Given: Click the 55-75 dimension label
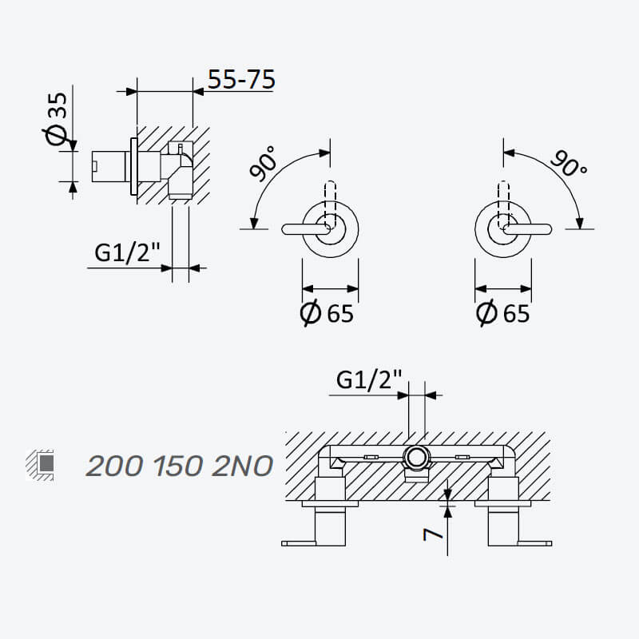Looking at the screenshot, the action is [x=241, y=79].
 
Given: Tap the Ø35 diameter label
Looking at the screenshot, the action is [x=56, y=118].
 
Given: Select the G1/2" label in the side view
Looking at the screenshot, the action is [x=127, y=252].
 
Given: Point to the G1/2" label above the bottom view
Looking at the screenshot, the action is [x=369, y=379].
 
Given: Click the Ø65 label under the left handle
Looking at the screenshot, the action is [x=327, y=312].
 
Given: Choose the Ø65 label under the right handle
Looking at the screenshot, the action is [x=503, y=312].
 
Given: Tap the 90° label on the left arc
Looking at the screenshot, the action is [x=263, y=163].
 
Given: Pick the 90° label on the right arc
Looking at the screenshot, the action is [x=569, y=163].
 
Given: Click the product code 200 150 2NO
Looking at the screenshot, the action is [x=179, y=466].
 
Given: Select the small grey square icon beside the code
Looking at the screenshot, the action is [x=47, y=462].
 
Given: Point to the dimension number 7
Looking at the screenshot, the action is [x=432, y=534].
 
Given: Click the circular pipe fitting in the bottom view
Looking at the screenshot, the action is [x=416, y=458].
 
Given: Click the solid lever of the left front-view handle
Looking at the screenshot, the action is [x=306, y=229].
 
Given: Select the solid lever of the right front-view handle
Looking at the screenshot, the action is [x=528, y=229].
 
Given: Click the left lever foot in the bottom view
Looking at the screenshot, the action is [x=298, y=543].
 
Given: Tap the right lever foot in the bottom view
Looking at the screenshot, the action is [x=534, y=543].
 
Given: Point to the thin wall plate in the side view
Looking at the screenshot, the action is [x=134, y=167].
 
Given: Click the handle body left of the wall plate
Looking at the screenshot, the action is [x=109, y=167].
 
